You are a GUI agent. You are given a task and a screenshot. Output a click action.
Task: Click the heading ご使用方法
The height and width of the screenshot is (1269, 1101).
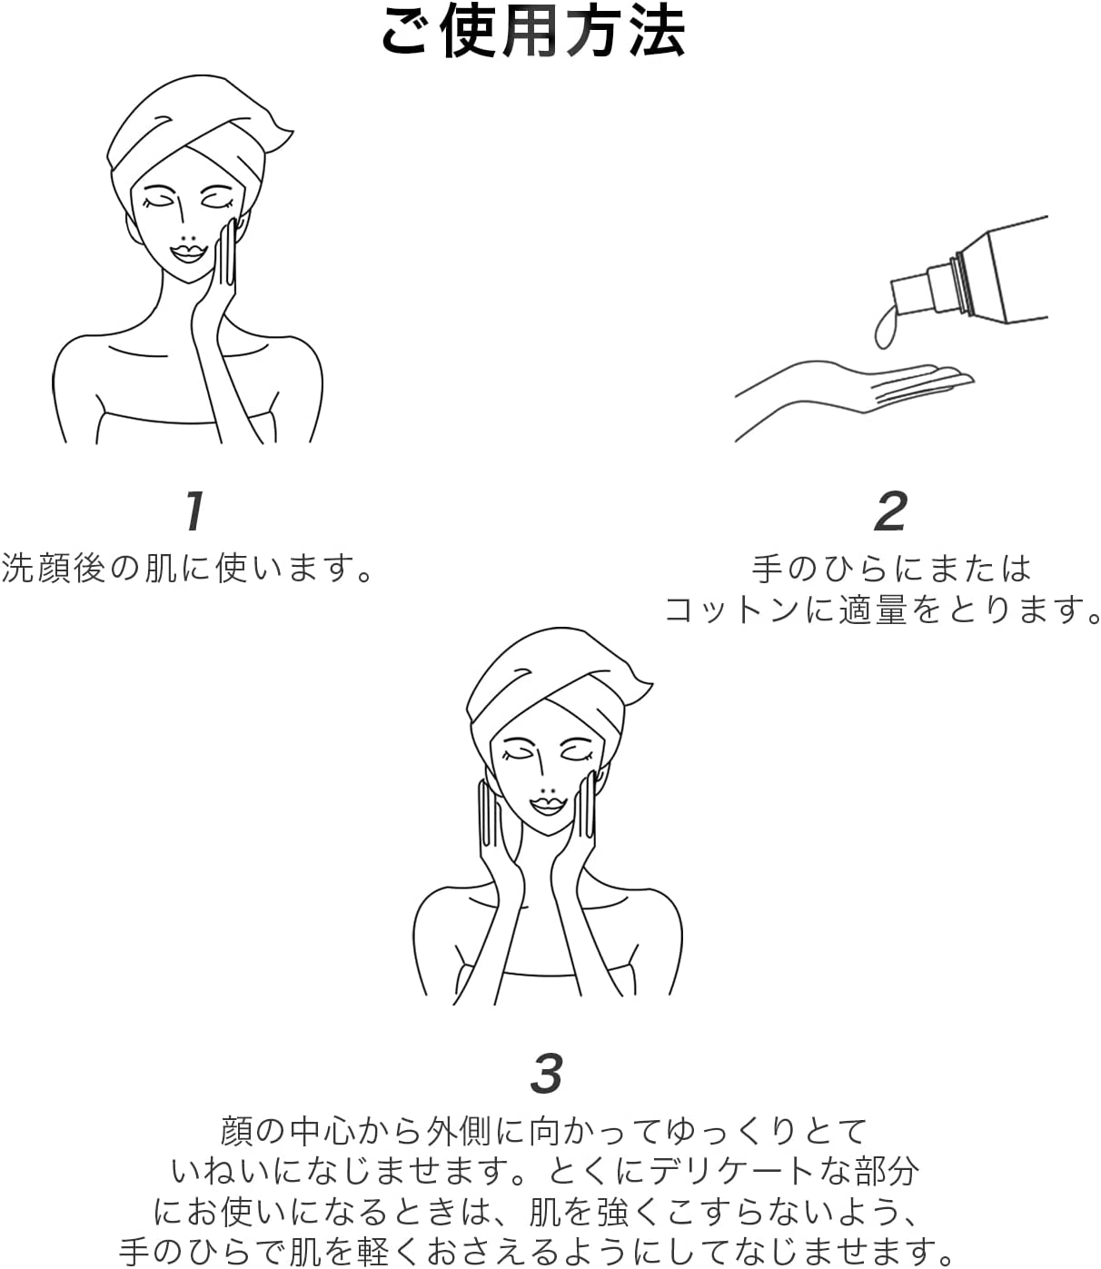[x=533, y=32]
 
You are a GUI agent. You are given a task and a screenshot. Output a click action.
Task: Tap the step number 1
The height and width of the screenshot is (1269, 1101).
[x=194, y=511]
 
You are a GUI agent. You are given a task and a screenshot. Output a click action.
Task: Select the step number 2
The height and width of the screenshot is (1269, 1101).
[x=891, y=511]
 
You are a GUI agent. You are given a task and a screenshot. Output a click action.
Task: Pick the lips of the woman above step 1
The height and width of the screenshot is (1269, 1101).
[x=188, y=253]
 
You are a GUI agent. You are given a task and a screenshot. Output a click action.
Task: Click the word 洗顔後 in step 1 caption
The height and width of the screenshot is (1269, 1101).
[x=54, y=568]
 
